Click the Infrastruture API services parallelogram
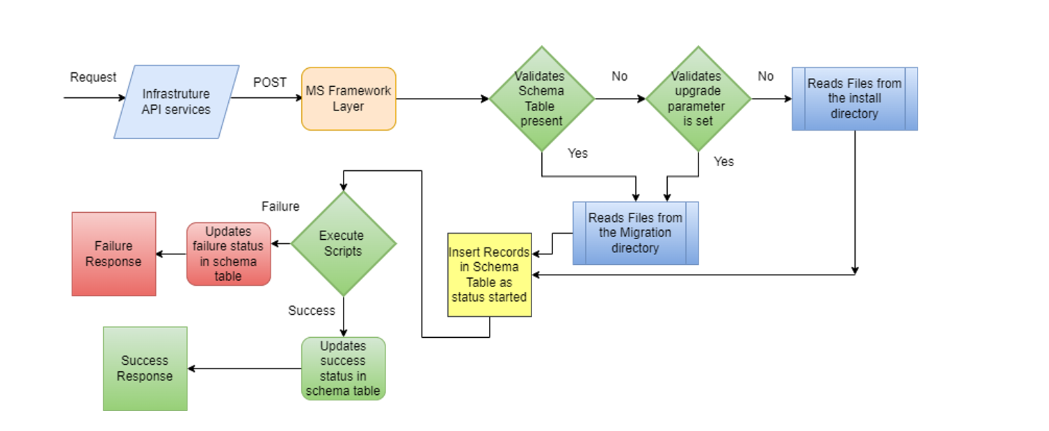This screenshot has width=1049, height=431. click(x=177, y=101)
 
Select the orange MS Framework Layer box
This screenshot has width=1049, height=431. click(x=349, y=99)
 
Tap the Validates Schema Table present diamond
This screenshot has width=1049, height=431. click(x=542, y=99)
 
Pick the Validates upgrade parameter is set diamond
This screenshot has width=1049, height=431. click(x=698, y=99)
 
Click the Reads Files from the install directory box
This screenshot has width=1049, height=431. click(x=855, y=99)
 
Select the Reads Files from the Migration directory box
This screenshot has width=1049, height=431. click(x=636, y=233)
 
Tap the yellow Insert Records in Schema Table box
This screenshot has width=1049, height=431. click(x=490, y=275)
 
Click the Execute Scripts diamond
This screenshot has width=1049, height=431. click(x=343, y=243)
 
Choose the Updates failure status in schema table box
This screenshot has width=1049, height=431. click(x=229, y=254)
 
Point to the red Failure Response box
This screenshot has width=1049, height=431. click(x=114, y=254)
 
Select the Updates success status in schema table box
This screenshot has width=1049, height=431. click(x=343, y=368)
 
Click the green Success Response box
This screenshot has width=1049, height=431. click(x=145, y=368)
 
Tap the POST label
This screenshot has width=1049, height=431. click(x=270, y=82)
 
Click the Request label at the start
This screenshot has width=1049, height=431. click(x=93, y=77)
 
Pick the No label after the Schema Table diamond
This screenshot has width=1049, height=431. click(x=620, y=76)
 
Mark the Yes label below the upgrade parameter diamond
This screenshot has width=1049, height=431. click(x=723, y=162)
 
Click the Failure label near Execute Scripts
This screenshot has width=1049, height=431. click(x=280, y=206)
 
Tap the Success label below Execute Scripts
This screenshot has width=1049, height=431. click(x=312, y=311)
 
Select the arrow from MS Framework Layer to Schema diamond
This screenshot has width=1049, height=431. click(x=442, y=99)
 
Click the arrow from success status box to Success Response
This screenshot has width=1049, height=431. click(x=244, y=368)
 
